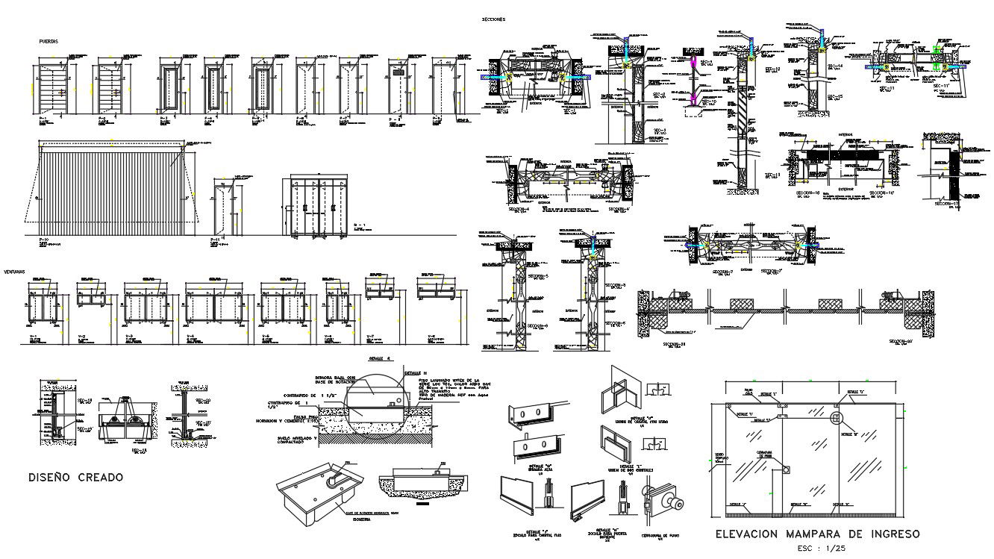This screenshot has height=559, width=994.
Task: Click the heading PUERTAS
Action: pyautogui.click(x=49, y=42)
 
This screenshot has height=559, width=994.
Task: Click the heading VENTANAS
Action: pyautogui.click(x=15, y=272)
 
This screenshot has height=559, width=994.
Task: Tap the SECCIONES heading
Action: pyautogui.click(x=494, y=19)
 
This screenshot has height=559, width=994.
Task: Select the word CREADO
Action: pyautogui.click(x=101, y=477)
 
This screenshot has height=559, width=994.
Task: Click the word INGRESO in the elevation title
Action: pyautogui.click(x=892, y=534)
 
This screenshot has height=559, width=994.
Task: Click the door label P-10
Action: pyautogui.click(x=43, y=239)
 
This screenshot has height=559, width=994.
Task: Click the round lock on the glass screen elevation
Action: pyautogui.click(x=786, y=469)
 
